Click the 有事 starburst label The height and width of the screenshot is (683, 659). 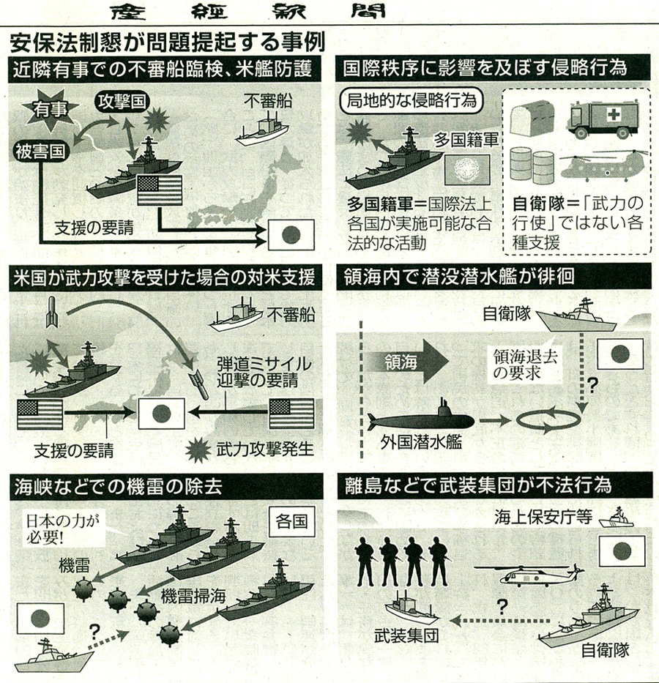[x=45, y=111]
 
